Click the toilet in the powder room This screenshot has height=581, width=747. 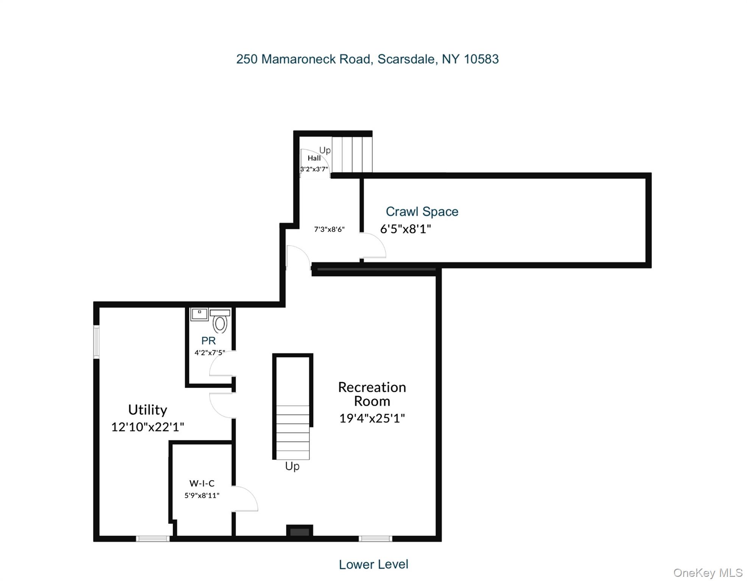220,322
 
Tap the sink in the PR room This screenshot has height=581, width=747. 199,314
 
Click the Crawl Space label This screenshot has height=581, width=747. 422,211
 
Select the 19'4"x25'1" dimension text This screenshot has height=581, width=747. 372,418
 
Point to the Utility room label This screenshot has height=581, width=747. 147,410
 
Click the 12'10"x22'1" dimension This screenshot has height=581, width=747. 147,427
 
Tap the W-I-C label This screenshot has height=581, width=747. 202,483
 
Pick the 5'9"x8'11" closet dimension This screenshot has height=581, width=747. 202,496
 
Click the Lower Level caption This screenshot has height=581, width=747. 373,564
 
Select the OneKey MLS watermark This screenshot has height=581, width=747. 708,573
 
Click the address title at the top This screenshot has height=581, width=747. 367,59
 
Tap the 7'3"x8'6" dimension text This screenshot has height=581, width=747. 329,229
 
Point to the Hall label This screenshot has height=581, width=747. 314,158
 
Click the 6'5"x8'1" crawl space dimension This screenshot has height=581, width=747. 405,229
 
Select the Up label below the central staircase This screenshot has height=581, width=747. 292,466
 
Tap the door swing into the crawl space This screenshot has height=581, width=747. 373,245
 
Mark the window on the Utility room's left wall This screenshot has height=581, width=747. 96,342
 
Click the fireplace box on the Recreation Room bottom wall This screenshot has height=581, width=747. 299,532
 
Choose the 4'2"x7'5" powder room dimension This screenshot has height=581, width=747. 210,353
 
